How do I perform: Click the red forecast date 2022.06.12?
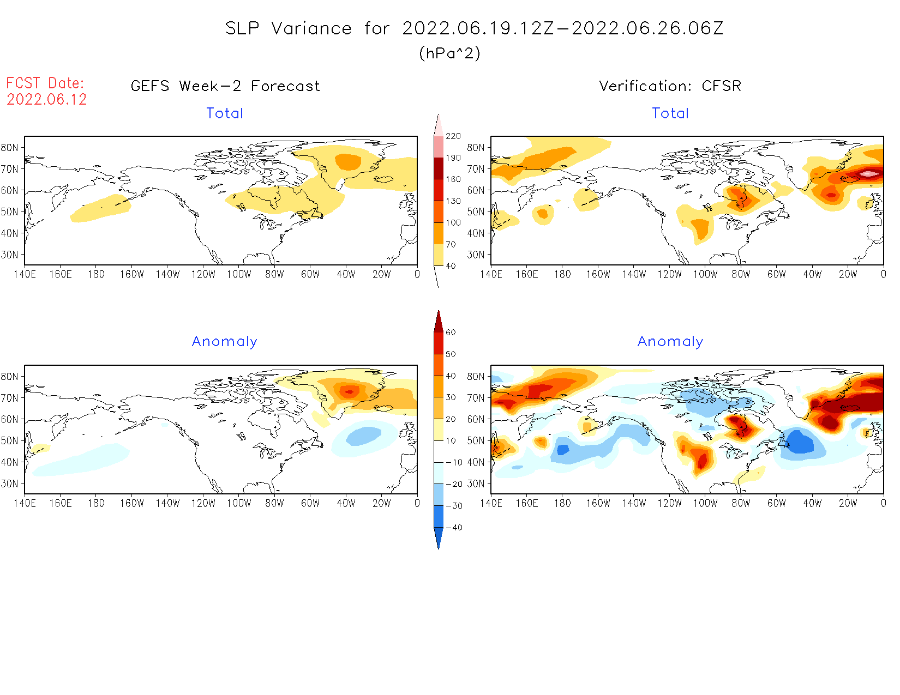(x=47, y=100)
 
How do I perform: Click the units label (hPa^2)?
(x=449, y=53)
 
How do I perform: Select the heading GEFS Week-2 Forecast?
(x=225, y=86)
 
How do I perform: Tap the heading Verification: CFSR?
(x=670, y=86)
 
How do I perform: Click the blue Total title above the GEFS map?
(x=225, y=113)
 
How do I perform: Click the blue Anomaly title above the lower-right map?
(x=670, y=342)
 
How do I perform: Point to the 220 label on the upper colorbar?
(x=453, y=136)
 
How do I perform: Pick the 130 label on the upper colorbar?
(x=453, y=201)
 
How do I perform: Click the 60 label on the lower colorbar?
(x=451, y=333)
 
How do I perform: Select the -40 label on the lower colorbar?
(x=454, y=528)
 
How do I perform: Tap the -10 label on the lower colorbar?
(x=454, y=463)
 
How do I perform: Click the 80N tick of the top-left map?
(x=10, y=148)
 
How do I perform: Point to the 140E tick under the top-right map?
(x=491, y=275)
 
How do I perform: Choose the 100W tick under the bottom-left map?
(x=239, y=504)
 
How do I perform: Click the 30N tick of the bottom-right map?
(x=476, y=484)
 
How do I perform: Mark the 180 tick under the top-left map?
(x=96, y=275)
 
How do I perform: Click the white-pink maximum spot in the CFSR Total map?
(x=869, y=174)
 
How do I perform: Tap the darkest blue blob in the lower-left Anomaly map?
(x=363, y=436)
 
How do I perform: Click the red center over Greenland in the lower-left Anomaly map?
(x=350, y=391)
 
